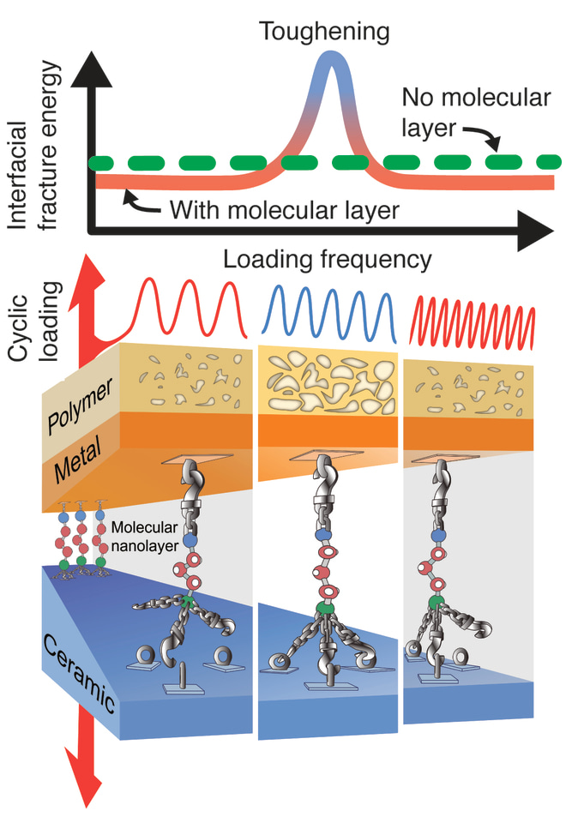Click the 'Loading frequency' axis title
(327, 258)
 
